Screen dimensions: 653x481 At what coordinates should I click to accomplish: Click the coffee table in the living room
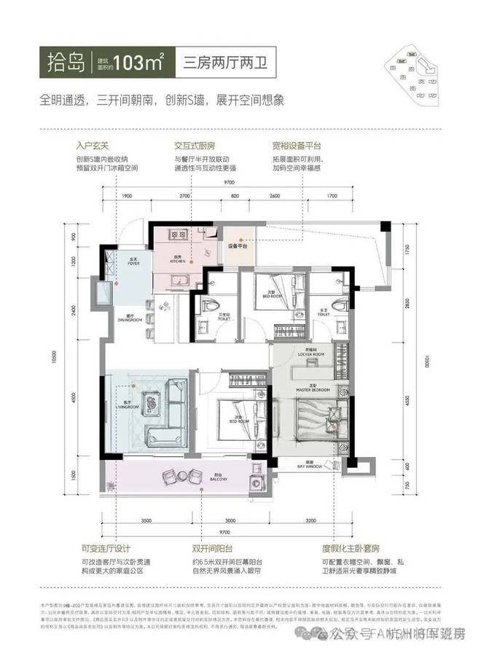click(x=152, y=400)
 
